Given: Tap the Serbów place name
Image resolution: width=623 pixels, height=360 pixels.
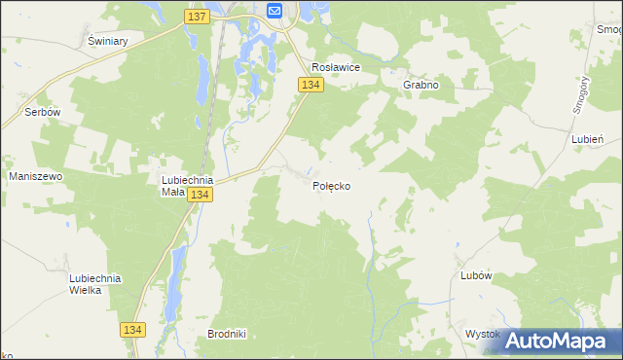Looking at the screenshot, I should (x=44, y=112).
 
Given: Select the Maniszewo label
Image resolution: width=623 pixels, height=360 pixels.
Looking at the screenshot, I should (x=36, y=176).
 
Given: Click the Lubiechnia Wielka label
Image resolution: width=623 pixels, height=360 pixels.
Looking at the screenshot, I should (x=94, y=284).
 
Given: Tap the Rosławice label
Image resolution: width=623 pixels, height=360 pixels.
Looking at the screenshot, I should (x=336, y=67).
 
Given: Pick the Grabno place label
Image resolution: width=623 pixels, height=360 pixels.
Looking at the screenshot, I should (x=421, y=85).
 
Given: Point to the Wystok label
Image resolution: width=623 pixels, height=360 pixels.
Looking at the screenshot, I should (x=482, y=334).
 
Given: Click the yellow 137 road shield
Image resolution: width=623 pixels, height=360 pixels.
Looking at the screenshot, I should (x=196, y=17).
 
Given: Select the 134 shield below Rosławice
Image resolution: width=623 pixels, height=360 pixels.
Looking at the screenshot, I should (x=311, y=86).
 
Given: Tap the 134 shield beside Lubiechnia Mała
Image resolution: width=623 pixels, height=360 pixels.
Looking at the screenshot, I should (x=200, y=196).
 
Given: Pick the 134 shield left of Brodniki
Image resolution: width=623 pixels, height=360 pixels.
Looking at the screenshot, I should (x=134, y=331).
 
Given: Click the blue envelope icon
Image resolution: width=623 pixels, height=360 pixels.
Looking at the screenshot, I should (x=274, y=11).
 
